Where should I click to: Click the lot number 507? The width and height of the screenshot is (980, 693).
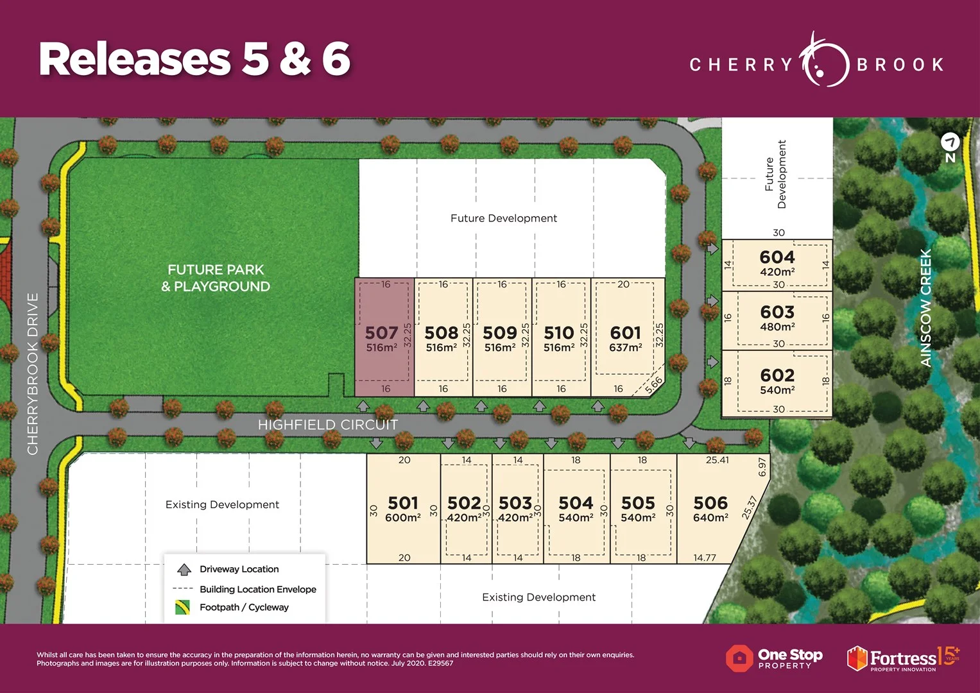[381, 332]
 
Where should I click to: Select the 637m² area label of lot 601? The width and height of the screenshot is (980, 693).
[625, 348]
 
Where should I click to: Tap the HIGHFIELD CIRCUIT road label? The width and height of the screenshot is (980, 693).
[327, 425]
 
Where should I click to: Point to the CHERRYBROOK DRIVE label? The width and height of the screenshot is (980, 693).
[33, 374]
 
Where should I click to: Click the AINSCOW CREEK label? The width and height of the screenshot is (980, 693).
[925, 308]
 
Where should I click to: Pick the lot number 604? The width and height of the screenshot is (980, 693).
[777, 257]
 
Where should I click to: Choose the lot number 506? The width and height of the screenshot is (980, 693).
[710, 503]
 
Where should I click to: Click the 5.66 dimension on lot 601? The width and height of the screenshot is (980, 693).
[653, 385]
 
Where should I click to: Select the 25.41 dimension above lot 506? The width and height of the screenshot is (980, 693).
[717, 460]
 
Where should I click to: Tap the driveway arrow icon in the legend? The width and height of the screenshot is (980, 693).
[184, 569]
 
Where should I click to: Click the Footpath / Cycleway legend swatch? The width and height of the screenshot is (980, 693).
[182, 607]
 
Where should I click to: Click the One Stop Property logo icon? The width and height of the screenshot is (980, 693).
[739, 658]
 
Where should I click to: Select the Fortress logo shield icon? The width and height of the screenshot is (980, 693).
[857, 658]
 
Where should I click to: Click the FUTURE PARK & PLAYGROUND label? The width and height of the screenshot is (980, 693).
[216, 278]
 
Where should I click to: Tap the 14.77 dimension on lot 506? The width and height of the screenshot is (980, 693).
[704, 558]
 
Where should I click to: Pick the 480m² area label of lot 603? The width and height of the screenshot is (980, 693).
[777, 327]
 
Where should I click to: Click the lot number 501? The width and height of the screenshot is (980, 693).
[402, 503]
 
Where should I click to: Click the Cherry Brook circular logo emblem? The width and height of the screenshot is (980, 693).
[824, 63]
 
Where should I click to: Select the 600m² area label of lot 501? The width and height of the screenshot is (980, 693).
[402, 518]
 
